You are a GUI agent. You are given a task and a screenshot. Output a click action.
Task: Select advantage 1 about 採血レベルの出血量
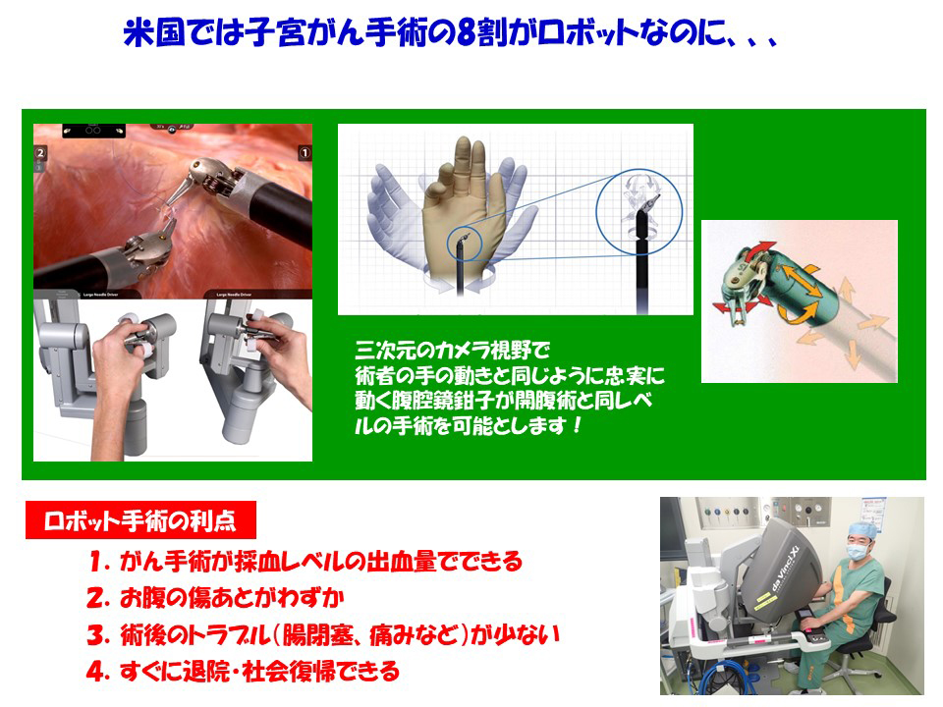305,563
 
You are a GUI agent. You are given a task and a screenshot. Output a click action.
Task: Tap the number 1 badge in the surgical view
305,153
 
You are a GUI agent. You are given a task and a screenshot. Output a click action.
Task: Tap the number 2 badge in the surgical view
41,153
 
